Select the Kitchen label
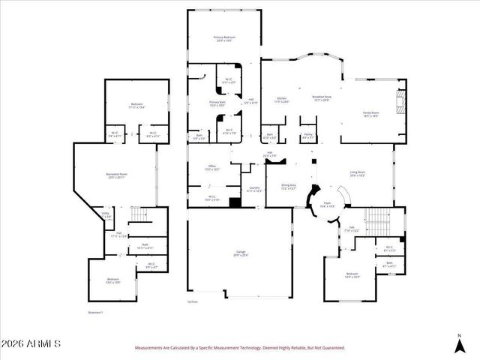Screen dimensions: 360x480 tap(282, 100)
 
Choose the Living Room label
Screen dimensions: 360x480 tap(357, 174)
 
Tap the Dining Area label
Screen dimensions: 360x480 tap(289, 187)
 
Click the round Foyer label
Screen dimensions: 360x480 tap(327, 204)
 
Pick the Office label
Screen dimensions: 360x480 tap(212, 169)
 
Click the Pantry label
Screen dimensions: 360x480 tap(307, 136)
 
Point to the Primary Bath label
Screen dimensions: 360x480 tap(217, 104)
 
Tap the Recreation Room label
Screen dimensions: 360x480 tap(115, 176)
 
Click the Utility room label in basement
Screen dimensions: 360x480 tap(106, 215)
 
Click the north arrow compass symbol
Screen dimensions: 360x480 tap(460, 344)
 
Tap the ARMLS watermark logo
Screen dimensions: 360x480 tap(31, 343)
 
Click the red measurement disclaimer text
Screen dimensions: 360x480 tap(239, 348)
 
